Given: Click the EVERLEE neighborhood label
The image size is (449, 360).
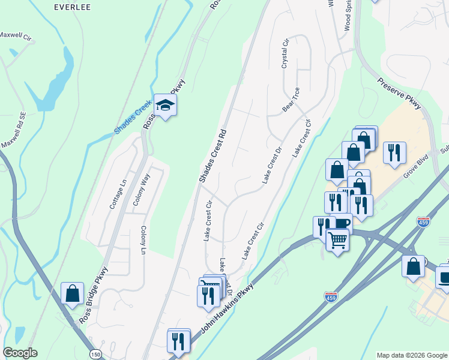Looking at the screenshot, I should pos(71,7).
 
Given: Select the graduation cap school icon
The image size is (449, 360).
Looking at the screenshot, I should pos(164,106).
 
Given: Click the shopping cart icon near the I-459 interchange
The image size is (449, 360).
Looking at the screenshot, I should pos(337,240).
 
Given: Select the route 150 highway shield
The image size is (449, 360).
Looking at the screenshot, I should pos(95,355).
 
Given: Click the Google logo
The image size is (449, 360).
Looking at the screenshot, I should pos(20,353).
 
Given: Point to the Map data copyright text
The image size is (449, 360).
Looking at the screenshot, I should pos(412,355).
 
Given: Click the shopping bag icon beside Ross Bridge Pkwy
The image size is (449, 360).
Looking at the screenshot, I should pos(73,293).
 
